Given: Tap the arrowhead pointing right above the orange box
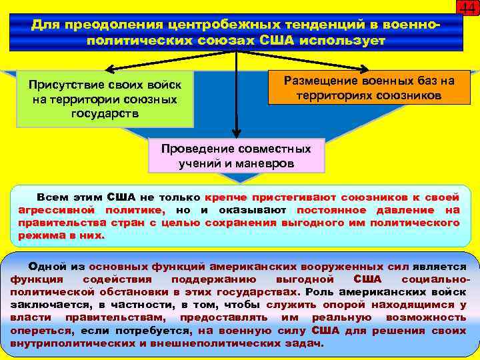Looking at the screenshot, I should point(366,68).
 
